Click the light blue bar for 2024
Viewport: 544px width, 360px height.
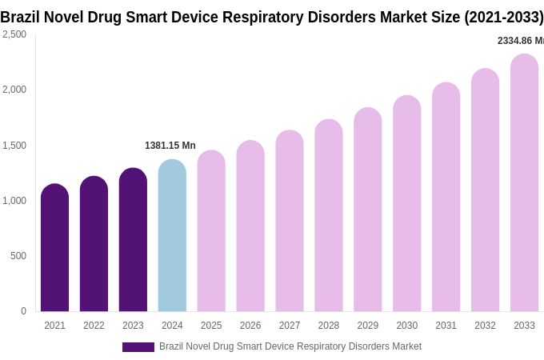[x=172, y=236]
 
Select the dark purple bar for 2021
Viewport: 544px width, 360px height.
[x=54, y=248]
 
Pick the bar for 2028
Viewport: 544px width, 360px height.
[x=328, y=216]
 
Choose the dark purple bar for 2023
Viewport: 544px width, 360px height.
[x=133, y=240]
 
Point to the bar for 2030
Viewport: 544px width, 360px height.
[x=406, y=204]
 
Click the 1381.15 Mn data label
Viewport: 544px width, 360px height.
[x=170, y=146]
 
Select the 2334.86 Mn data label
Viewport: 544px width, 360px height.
[x=520, y=41]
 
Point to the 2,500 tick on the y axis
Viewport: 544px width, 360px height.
[x=14, y=34]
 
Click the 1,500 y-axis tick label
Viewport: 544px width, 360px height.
[x=14, y=146]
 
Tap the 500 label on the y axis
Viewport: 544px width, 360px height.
[x=18, y=256]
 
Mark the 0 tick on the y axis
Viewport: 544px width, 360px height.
[x=23, y=311]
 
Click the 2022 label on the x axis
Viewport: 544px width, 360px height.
[x=94, y=326]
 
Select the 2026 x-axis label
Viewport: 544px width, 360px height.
[x=250, y=326]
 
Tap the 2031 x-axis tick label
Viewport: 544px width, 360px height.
[x=446, y=326]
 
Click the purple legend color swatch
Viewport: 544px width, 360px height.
[x=138, y=347]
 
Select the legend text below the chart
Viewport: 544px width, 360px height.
[x=290, y=346]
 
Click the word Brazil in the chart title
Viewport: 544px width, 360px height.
[x=20, y=17]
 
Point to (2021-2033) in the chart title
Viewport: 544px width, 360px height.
[x=503, y=17]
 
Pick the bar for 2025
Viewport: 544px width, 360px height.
[x=211, y=232]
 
